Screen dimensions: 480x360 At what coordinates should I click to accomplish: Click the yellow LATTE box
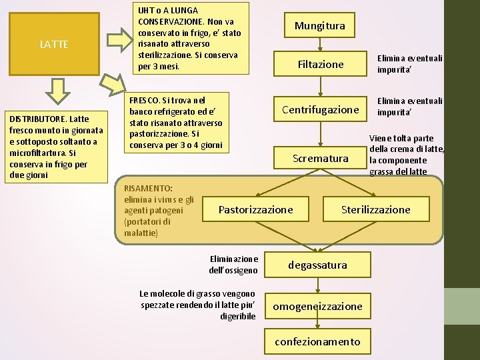click(x=53, y=45)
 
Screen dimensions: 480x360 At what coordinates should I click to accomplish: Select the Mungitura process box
click(x=320, y=26)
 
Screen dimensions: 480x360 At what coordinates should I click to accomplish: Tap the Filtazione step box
click(x=320, y=64)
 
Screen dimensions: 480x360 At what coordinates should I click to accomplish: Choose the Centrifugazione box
click(x=320, y=109)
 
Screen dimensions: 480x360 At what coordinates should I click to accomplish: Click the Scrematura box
click(x=320, y=158)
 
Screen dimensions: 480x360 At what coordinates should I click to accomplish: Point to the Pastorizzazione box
click(x=255, y=209)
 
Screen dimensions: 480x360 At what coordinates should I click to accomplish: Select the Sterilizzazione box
click(x=375, y=209)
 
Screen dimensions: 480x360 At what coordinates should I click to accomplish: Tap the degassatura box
click(x=317, y=265)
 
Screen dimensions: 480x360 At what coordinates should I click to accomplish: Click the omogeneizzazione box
click(x=317, y=306)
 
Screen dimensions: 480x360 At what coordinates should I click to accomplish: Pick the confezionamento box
click(x=317, y=341)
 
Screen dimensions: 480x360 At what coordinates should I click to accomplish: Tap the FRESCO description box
click(x=177, y=122)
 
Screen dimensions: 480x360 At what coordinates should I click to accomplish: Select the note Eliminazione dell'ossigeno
click(x=233, y=265)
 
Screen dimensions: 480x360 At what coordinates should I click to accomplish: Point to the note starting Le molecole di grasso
click(x=197, y=304)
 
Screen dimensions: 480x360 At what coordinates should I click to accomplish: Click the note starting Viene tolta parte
click(x=407, y=155)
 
